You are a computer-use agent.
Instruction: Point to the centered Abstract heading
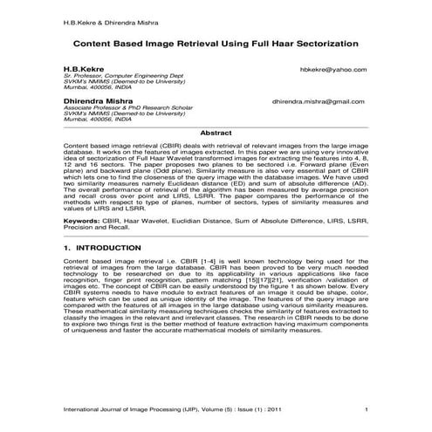[216, 132]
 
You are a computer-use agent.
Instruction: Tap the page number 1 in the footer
[367, 409]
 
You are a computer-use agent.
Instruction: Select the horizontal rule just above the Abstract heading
[216, 126]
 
